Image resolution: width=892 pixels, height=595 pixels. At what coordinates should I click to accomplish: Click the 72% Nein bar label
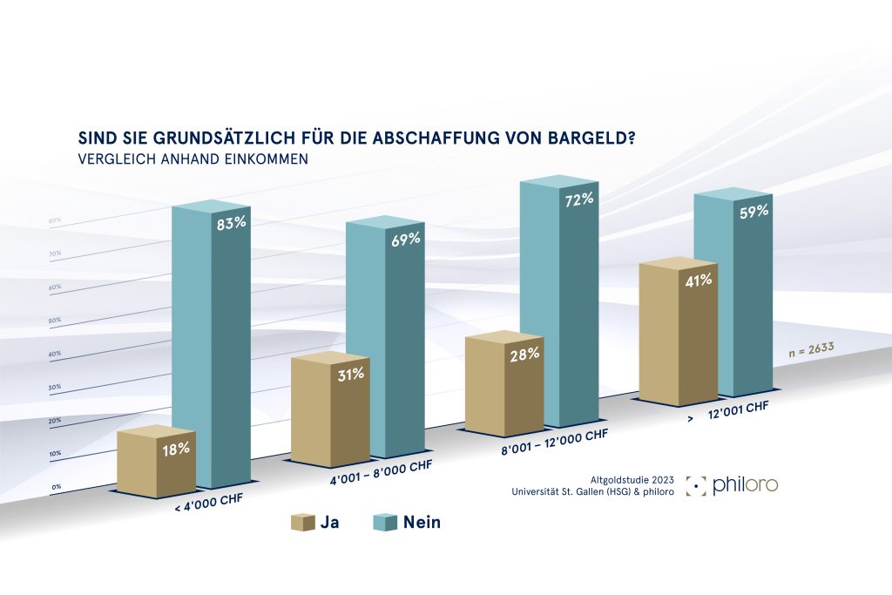click(x=579, y=199)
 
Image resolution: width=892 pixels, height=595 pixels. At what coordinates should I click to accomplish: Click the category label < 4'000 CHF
click(x=208, y=504)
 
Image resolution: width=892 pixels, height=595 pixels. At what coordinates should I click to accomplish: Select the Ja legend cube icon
click(x=301, y=523)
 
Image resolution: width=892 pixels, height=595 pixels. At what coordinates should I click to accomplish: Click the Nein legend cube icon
click(x=385, y=523)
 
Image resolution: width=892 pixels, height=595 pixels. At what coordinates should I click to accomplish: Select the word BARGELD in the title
click(x=593, y=139)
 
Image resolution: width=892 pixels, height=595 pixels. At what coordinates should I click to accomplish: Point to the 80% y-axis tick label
click(x=54, y=221)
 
